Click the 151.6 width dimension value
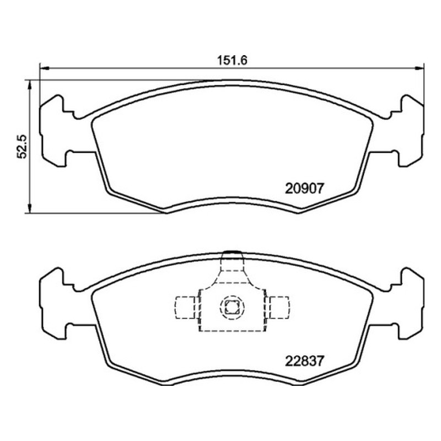[x=232, y=60]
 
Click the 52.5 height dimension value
[x=22, y=147]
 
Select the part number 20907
[x=305, y=188]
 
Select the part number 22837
[x=305, y=361]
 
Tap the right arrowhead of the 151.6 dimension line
[x=420, y=68]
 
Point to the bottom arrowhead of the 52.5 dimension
[x=29, y=208]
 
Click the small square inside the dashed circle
[x=232, y=307]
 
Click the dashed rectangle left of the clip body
[x=185, y=308]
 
